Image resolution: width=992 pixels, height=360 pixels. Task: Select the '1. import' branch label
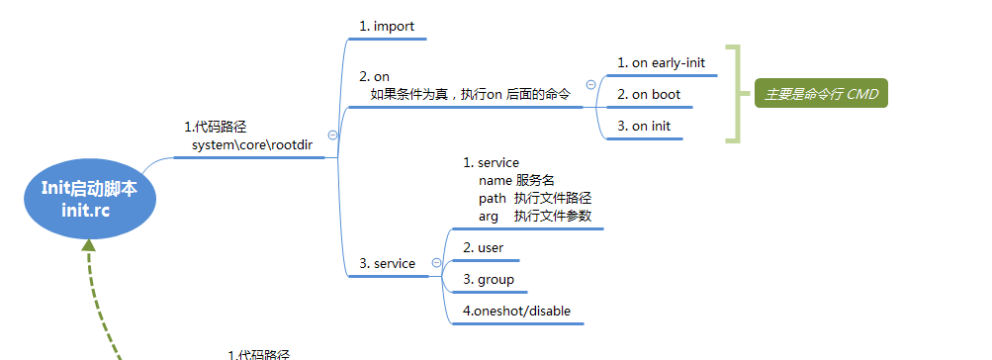pos(387,27)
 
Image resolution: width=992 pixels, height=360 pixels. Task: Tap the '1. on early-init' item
pos(661,63)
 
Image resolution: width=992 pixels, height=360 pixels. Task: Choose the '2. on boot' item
pos(648,95)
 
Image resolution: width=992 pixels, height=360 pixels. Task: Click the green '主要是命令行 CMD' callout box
pos(820,95)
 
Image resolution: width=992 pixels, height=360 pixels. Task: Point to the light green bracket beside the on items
pos(733,94)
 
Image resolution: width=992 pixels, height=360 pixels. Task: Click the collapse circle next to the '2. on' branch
pos(590,85)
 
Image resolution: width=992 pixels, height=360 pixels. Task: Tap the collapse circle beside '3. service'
pos(436,263)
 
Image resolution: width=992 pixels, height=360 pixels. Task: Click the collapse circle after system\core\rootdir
pos(332,135)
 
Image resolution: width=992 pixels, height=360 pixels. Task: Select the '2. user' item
pos(484,247)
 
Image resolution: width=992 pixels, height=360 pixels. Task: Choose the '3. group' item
pos(489,280)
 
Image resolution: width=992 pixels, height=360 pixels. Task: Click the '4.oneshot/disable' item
pos(516,312)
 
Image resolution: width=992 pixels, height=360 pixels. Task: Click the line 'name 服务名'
pos(516,180)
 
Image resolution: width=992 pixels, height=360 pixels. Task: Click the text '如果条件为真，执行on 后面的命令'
pos(470,94)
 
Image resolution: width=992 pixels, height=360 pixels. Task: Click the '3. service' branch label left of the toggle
pos(387,263)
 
